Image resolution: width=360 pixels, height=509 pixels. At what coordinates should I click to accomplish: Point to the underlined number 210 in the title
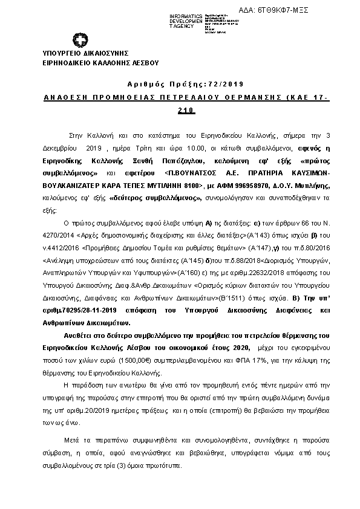coord(186,110)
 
